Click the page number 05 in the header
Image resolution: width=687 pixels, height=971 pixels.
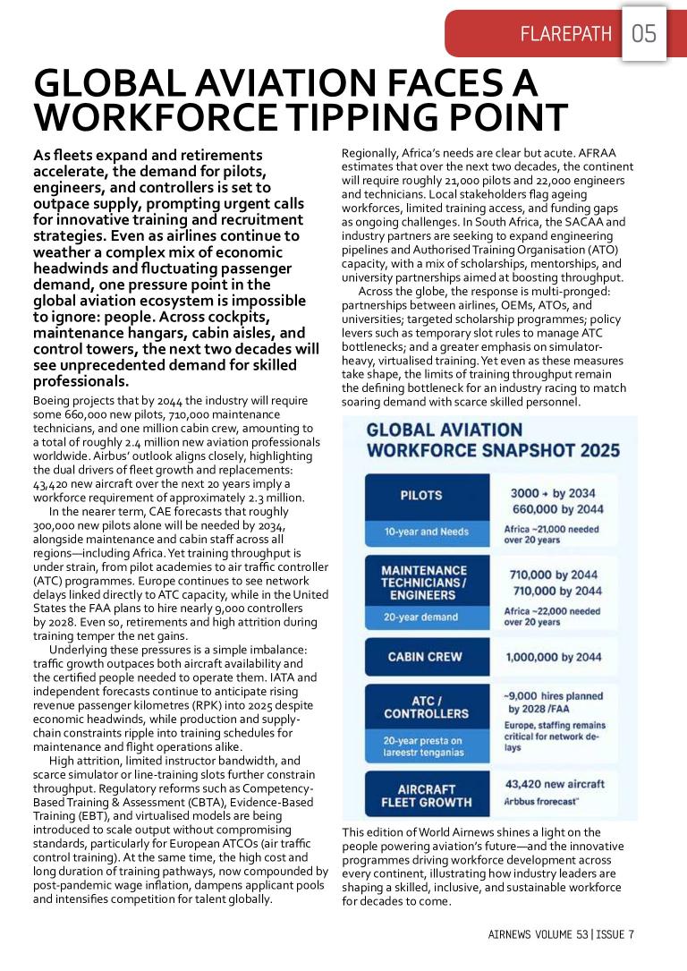click(644, 35)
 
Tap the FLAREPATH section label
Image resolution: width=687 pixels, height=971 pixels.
click(567, 35)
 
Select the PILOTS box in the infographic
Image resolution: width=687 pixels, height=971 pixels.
click(426, 495)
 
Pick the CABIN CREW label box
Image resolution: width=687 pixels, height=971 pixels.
click(426, 657)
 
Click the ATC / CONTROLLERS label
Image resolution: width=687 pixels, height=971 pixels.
click(426, 707)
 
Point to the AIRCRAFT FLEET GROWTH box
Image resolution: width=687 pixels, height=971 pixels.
click(426, 795)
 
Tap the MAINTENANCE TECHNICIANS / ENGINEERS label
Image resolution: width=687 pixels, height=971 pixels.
click(426, 582)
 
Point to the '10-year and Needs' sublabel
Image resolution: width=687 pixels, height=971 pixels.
click(426, 532)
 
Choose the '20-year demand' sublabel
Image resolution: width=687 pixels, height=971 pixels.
click(421, 618)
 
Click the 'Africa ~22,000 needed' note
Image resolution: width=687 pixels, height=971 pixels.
click(552, 611)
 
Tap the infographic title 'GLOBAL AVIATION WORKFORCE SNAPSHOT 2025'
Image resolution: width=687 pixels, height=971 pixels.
click(493, 439)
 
